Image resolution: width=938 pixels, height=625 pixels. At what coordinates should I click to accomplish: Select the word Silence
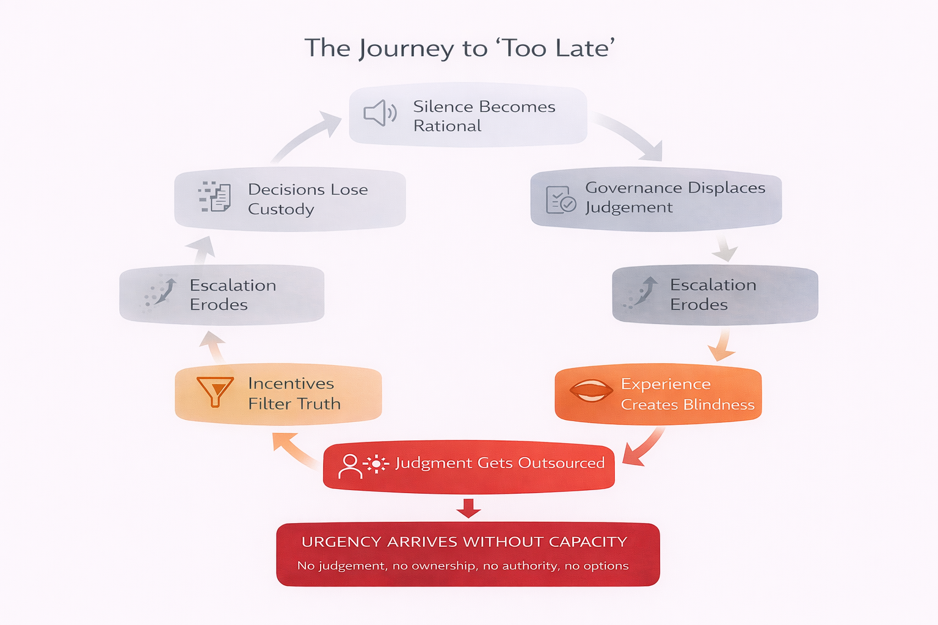[443, 107]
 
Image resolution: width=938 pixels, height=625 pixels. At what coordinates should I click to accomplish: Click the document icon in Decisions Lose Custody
[215, 197]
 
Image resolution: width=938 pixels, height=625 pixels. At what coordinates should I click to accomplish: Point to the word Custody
[281, 209]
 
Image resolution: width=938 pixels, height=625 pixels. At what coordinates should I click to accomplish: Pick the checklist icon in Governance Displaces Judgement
[561, 200]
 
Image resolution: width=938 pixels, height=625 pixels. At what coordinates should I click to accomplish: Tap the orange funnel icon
[214, 391]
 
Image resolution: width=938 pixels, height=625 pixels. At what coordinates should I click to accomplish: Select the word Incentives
[291, 384]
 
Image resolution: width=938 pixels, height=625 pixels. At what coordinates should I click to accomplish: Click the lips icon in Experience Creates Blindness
[590, 391]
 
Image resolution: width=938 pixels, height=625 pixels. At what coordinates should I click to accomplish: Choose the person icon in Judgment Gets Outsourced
[350, 465]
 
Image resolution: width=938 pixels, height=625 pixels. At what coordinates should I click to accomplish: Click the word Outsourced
[561, 463]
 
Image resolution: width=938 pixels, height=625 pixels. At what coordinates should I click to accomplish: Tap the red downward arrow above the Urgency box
[468, 508]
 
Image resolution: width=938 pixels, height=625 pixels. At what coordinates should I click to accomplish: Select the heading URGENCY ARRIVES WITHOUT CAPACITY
[464, 542]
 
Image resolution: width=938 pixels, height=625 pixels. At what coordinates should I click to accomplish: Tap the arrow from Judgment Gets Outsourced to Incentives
[294, 449]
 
